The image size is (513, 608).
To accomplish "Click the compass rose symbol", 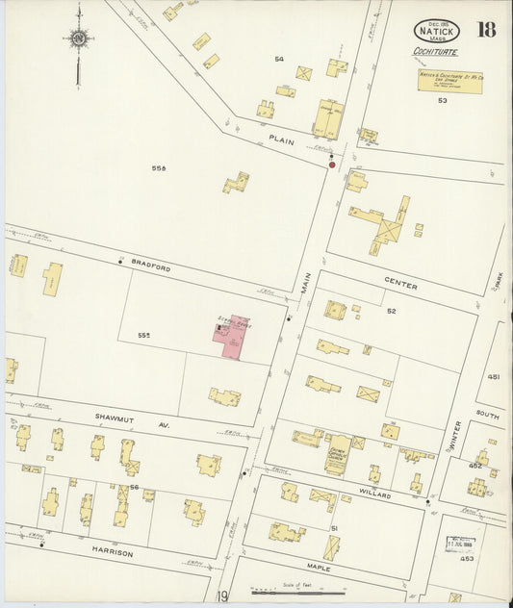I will coord(79,38).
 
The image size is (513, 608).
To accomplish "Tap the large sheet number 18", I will coord(486,28).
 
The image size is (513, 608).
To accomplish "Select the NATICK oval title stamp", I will coord(438,31).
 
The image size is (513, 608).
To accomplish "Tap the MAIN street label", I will coord(306,283).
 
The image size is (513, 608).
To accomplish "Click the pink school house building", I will coord(229,339).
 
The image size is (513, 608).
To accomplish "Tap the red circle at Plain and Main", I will coord(332,165).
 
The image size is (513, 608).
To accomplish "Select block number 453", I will coord(467,558).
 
